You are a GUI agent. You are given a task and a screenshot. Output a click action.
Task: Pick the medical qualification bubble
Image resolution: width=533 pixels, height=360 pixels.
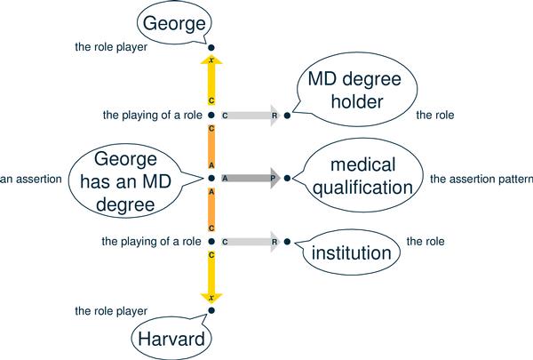point(361,178)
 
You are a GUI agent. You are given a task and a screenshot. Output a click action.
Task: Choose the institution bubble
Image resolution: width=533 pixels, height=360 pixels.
point(350,253)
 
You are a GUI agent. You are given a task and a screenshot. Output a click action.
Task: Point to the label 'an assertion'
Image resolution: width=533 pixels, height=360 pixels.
point(31,179)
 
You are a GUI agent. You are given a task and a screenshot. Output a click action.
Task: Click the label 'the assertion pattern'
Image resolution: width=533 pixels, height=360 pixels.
point(481,179)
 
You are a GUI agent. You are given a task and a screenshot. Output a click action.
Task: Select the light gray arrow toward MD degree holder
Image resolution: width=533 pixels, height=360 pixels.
point(250,116)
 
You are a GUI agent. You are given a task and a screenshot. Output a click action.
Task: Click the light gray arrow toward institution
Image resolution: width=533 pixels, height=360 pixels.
point(250,241)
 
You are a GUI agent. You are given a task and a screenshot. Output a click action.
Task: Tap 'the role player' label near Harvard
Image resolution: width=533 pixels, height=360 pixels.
point(110,311)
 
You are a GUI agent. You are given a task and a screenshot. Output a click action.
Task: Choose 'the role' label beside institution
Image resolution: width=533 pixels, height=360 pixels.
point(425,241)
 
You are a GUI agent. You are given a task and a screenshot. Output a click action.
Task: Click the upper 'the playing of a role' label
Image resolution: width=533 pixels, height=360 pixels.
point(152,116)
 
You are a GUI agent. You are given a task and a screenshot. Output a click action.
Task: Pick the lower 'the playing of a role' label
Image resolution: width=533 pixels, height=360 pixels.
point(152,241)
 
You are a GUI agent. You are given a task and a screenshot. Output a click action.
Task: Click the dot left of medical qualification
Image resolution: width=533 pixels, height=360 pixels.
point(287,178)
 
